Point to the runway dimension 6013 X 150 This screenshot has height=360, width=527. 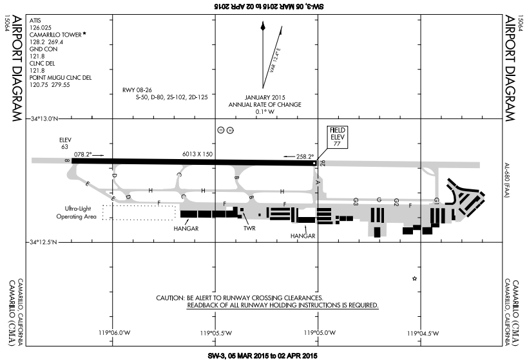(x=198, y=155)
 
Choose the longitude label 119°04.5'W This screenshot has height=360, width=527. (x=423, y=333)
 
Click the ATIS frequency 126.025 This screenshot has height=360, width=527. (x=41, y=28)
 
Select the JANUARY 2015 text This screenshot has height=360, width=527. (x=260, y=97)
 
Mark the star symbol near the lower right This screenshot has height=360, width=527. (x=414, y=278)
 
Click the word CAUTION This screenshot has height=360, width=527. (x=170, y=298)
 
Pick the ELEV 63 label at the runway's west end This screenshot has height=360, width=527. (x=64, y=142)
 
